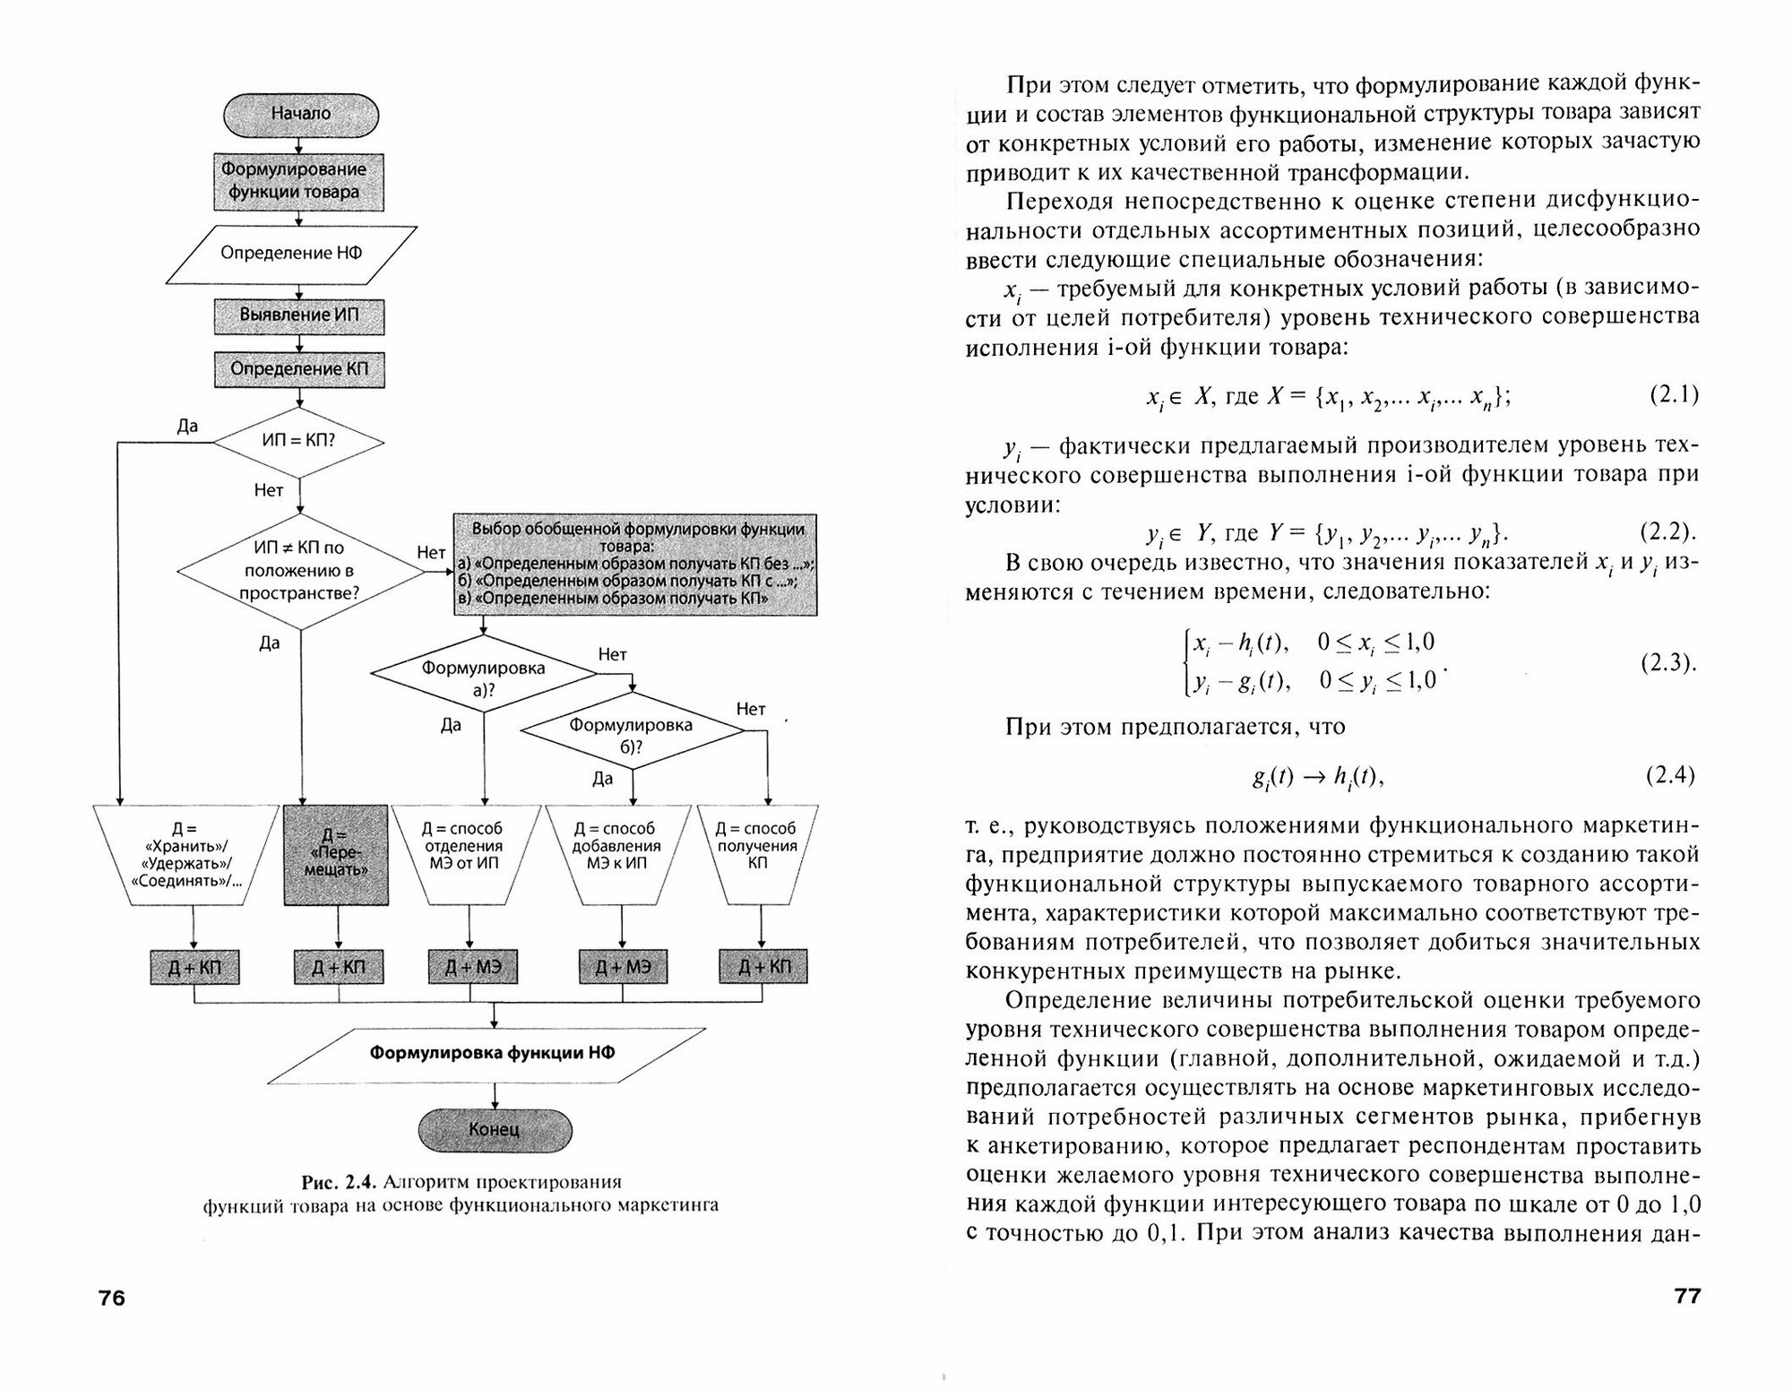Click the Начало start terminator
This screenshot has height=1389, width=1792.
[x=300, y=115]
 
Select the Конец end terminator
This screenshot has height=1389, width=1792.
[x=494, y=1129]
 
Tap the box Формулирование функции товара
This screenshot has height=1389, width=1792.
[x=299, y=181]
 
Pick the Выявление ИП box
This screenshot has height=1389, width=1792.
[x=299, y=315]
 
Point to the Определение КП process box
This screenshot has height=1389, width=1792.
[x=299, y=369]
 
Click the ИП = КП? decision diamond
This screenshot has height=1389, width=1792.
[x=298, y=442]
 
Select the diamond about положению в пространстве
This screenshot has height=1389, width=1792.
[x=299, y=570]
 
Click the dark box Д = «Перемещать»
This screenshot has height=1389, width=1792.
[x=337, y=853]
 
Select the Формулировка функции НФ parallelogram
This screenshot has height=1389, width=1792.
[x=493, y=1053]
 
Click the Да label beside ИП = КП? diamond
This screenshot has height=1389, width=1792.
[x=187, y=427]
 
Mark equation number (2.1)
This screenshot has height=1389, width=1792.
[x=1674, y=395]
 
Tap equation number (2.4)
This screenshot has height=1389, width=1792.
[x=1672, y=775]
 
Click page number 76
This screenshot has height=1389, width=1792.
[x=112, y=1298]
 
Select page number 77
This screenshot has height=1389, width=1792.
[x=1687, y=1297]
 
